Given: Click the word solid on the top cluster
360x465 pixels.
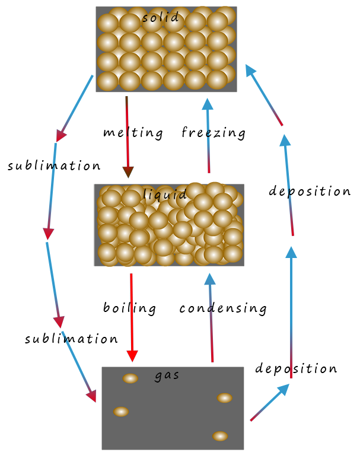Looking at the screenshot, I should point(160,18).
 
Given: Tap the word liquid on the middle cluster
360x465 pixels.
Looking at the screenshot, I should point(165,195).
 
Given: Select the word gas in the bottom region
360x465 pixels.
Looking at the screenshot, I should point(167,375).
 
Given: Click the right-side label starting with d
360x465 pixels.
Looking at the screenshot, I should point(308,192).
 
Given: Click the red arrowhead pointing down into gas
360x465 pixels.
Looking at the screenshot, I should point(132,355).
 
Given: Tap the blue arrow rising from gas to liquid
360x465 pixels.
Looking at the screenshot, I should point(209,314).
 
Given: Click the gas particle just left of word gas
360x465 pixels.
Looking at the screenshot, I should point(130,378).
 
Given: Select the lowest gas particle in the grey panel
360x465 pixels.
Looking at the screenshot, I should point(220,436).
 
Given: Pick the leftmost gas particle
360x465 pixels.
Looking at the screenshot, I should point(121,412).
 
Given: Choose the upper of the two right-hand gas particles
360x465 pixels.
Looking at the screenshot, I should point(224,398).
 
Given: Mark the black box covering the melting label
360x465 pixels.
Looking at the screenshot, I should point(133,133).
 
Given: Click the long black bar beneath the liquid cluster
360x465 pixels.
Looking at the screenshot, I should point(184,309).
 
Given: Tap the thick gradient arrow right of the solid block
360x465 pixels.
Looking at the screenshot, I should point(261,95).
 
